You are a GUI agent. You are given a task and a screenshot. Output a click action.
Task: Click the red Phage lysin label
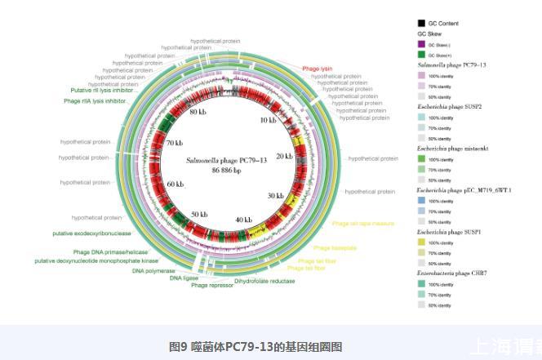(317, 69)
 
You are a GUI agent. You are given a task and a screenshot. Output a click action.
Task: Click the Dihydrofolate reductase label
(264, 281)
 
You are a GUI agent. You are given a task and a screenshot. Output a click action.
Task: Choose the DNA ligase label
(184, 278)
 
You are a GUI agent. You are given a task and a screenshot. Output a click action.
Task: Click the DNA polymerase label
(154, 269)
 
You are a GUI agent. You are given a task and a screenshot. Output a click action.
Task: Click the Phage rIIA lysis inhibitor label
(95, 101)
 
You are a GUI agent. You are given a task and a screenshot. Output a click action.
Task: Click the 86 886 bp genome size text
(226, 171)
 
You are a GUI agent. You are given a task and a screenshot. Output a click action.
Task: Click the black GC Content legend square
(421, 23)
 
